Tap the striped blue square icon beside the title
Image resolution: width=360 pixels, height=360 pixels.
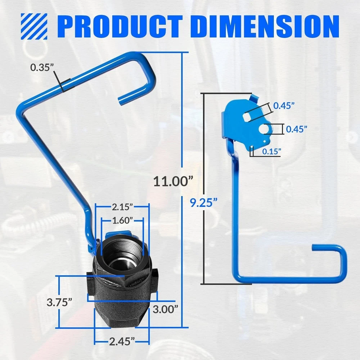tap(34, 26)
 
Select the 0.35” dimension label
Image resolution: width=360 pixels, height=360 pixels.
tap(42, 68)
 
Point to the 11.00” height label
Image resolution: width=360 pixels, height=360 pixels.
tap(173, 181)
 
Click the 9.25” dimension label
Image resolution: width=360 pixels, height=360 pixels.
tap(203, 202)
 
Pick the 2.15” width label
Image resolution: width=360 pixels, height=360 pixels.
tap(122, 207)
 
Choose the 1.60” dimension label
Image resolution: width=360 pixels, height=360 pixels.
tap(122, 220)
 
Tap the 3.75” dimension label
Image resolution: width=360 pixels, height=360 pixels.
tap(59, 302)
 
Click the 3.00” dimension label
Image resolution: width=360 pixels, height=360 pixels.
tap(165, 310)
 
